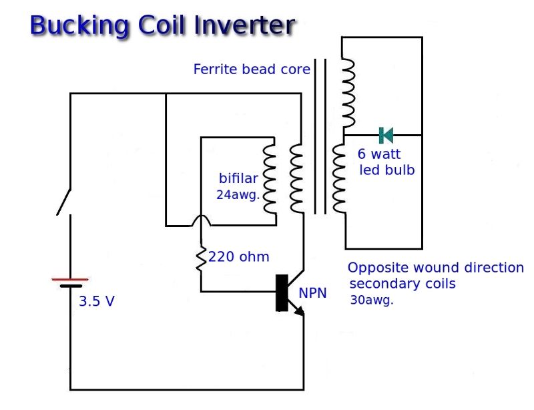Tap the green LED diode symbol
coord(386,136)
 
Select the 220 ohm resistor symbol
coord(201,258)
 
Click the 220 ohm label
coord(239,256)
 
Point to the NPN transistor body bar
coord(282,292)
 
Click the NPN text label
coord(313,292)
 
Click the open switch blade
coord(65,202)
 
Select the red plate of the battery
coord(70,279)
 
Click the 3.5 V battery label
coord(97,301)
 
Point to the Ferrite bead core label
coord(252,69)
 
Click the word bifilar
coord(238,178)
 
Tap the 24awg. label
coord(238,195)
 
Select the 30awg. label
coord(372,300)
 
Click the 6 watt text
coord(379,154)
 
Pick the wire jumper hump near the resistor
coord(201,220)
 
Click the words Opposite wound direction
coord(435,268)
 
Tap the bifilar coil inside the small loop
coord(270,178)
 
